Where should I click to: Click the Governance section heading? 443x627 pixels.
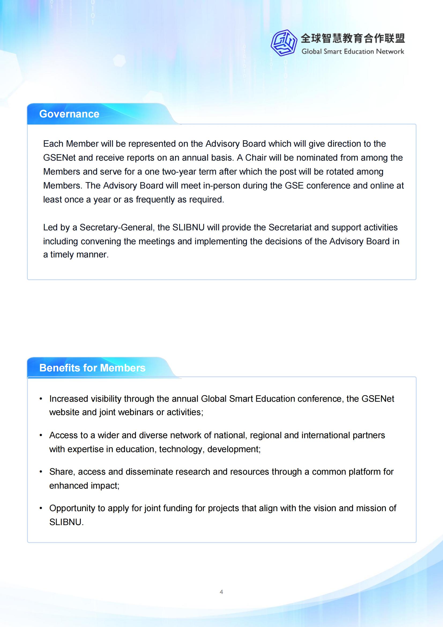tap(69, 114)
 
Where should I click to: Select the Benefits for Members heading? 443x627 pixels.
tap(92, 368)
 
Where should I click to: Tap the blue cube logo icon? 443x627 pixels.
tap(284, 43)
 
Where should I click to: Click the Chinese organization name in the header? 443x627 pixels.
tap(353, 39)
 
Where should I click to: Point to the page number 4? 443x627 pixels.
tap(221, 592)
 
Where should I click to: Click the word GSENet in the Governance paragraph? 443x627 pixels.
tap(59, 158)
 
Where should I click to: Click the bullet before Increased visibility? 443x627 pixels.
tap(41, 399)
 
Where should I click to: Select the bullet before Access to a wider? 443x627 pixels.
tap(41, 435)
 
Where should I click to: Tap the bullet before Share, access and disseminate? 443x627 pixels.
tap(41, 472)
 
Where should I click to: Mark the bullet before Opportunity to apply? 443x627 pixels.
tap(41, 508)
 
